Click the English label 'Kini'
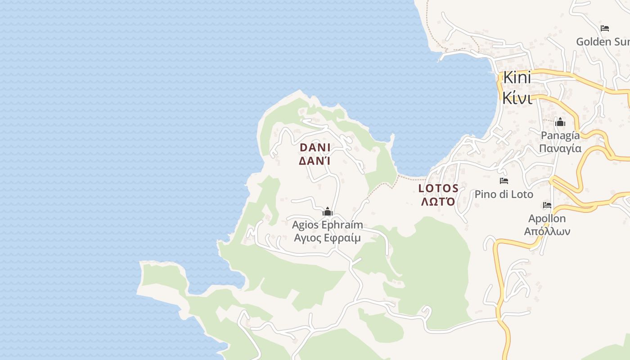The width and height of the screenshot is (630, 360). (x=517, y=77)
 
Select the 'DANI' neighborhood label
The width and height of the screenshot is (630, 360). (x=315, y=148)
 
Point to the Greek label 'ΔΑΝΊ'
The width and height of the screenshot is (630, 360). (x=315, y=161)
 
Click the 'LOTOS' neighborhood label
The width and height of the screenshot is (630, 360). (x=438, y=189)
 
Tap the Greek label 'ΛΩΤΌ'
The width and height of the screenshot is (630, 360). (x=438, y=202)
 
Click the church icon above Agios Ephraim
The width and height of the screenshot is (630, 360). (x=328, y=211)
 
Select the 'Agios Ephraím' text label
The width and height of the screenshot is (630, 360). (x=328, y=225)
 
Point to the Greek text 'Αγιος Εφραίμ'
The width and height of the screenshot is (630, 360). (x=327, y=238)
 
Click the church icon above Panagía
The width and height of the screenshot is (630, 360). (x=560, y=122)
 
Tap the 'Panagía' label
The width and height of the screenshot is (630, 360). (x=560, y=135)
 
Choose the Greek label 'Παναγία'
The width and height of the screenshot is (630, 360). (x=560, y=148)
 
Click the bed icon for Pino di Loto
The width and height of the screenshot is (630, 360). (x=504, y=181)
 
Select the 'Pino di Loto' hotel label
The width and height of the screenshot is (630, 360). (x=504, y=194)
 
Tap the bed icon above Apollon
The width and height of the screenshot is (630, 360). (x=547, y=205)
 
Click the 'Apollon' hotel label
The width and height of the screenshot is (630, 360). (x=547, y=219)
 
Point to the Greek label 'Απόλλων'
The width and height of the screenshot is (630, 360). (x=547, y=232)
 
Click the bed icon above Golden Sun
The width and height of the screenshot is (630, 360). (x=605, y=28)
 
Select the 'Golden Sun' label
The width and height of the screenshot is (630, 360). (x=603, y=42)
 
